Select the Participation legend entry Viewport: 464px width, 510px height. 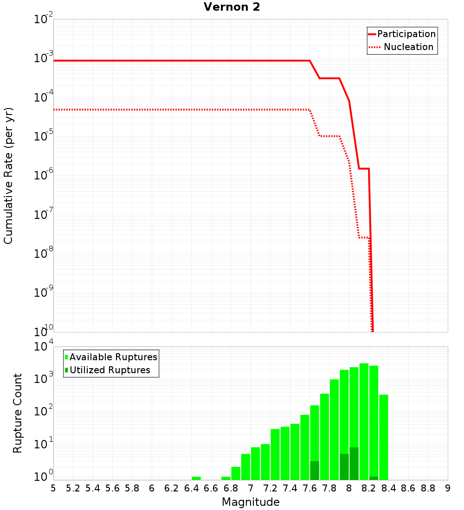pyautogui.click(x=402, y=34)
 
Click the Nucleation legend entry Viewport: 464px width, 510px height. pyautogui.click(x=402, y=47)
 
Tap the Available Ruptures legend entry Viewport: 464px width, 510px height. pyautogui.click(x=111, y=357)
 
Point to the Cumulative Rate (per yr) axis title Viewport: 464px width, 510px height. pyautogui.click(x=8, y=176)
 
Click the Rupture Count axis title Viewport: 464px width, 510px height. pyautogui.click(x=18, y=413)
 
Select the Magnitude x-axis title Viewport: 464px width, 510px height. pyautogui.click(x=251, y=502)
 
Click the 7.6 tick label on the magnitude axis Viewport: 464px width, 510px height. pyautogui.click(x=310, y=488)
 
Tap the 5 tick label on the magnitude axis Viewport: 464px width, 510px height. pyautogui.click(x=53, y=488)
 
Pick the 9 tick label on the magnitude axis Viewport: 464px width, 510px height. pyautogui.click(x=448, y=488)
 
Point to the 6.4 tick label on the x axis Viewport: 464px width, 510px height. pyautogui.click(x=192, y=488)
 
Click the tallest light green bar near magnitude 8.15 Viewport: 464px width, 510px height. pyautogui.click(x=364, y=417)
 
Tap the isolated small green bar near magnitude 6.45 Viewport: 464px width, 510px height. pyautogui.click(x=196, y=478)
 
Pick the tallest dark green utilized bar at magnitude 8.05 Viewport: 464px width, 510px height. pyautogui.click(x=354, y=464)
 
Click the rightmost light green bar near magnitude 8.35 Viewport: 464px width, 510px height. pyautogui.click(x=384, y=436)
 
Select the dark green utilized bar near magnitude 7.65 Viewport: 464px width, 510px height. pyautogui.click(x=315, y=471)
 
